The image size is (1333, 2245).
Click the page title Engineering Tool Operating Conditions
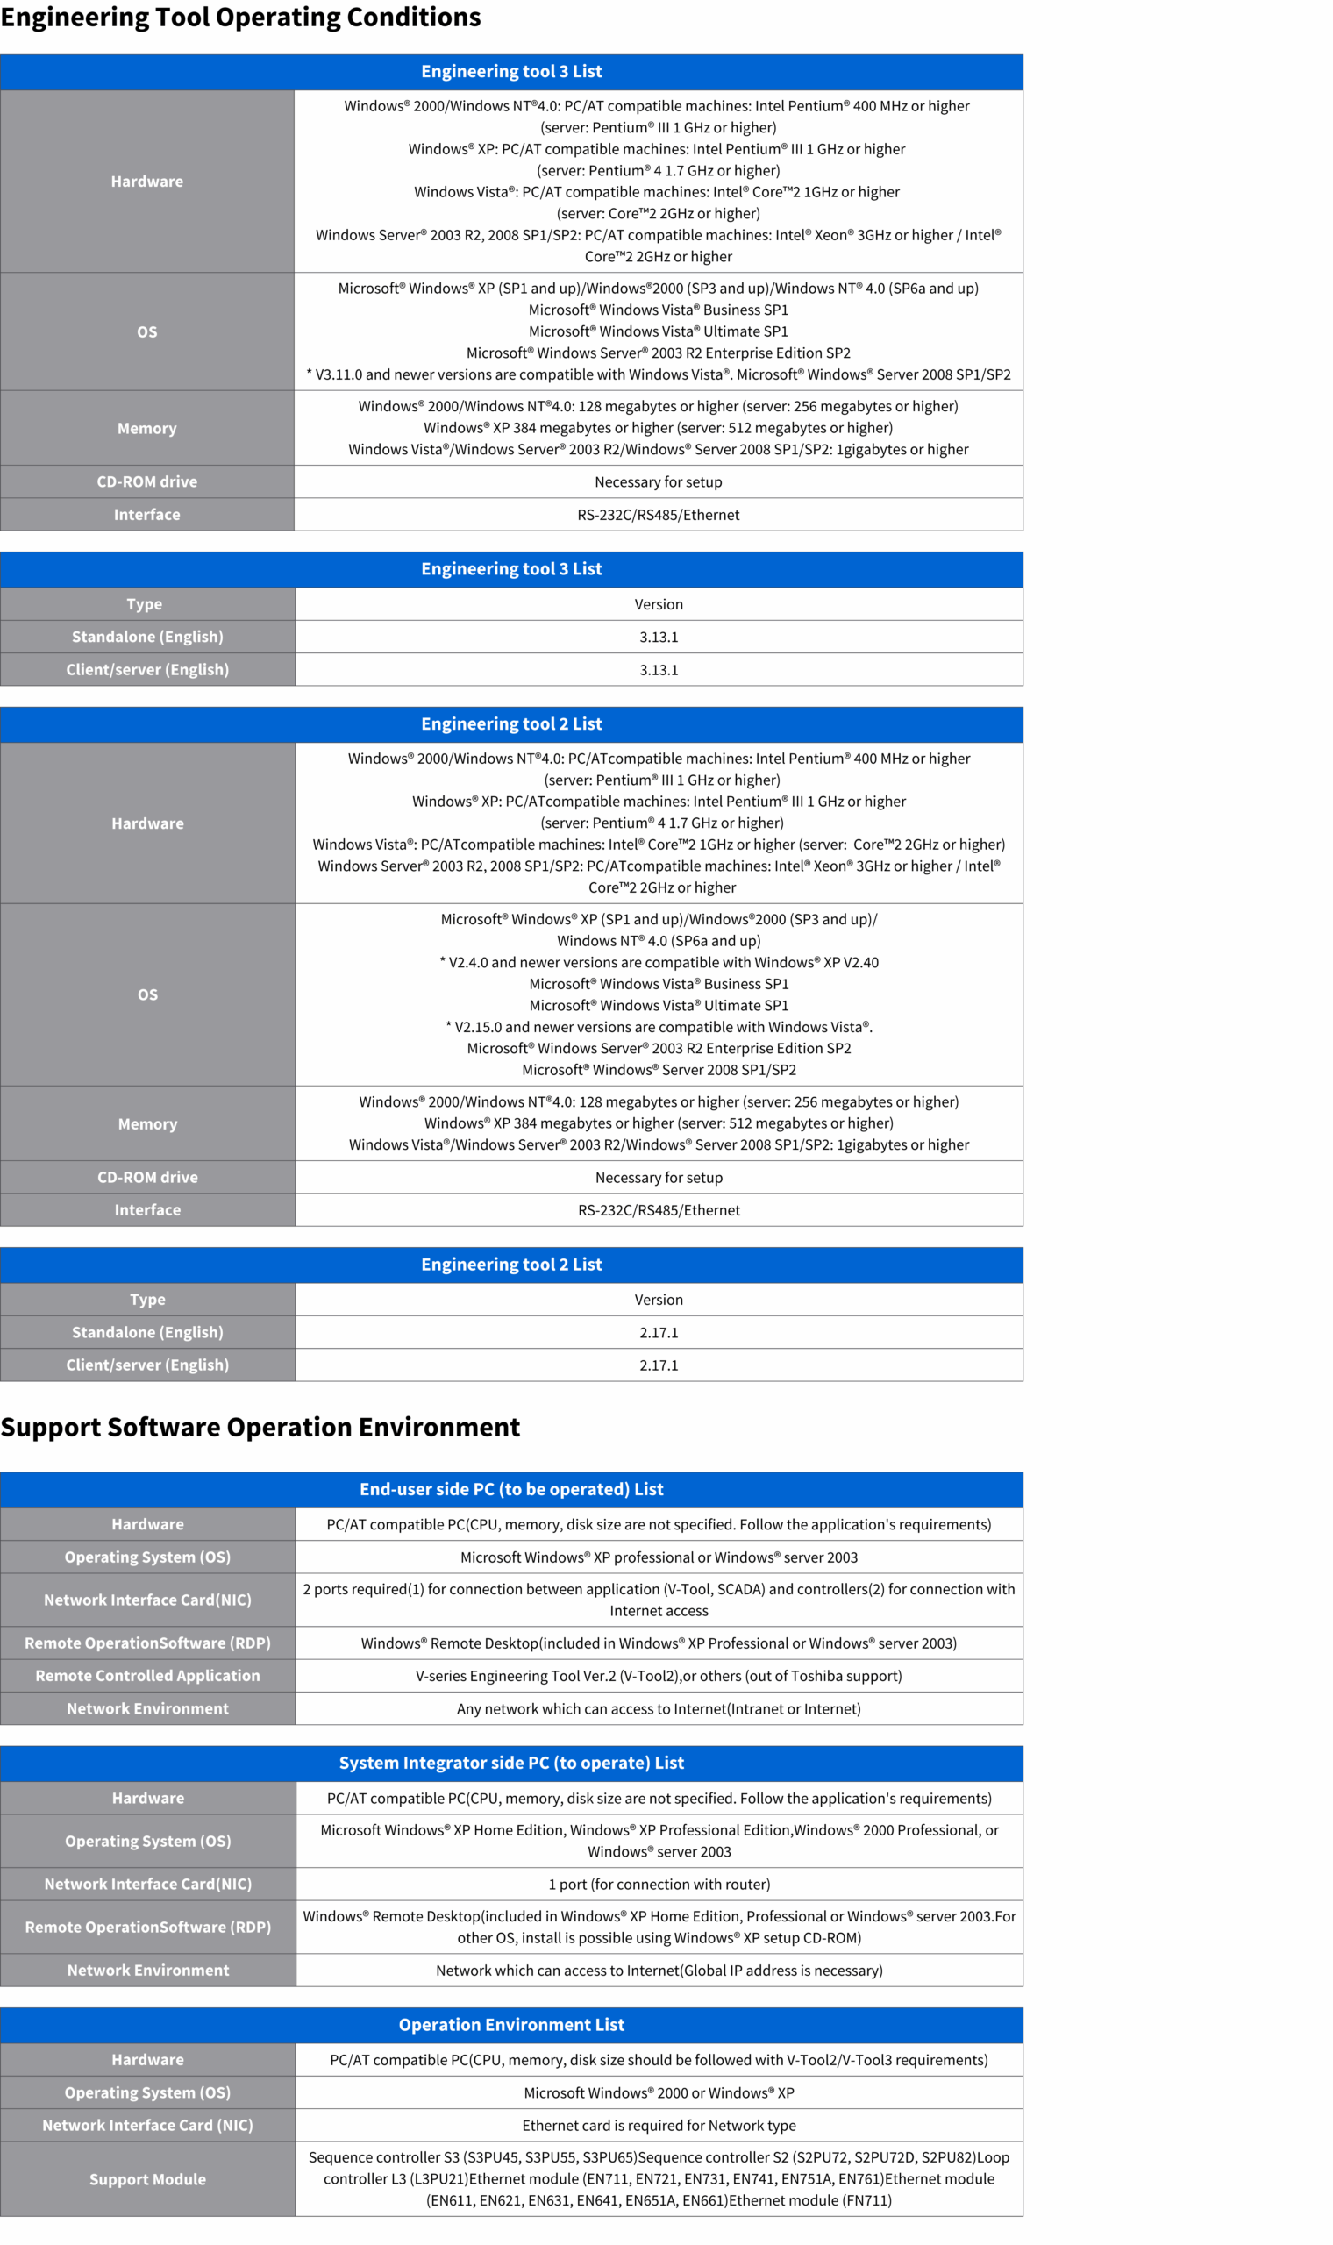click(x=241, y=18)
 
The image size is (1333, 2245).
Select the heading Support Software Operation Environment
click(x=260, y=1427)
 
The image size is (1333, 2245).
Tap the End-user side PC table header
click(x=511, y=1489)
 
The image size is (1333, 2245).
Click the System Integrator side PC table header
click(x=511, y=1763)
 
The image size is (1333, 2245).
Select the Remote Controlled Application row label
click(x=147, y=1676)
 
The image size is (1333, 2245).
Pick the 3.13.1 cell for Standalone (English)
click(x=659, y=637)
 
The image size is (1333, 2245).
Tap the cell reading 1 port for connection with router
click(x=659, y=1884)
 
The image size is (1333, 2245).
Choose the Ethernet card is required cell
click(x=659, y=2126)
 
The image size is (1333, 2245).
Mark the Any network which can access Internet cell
click(x=659, y=1709)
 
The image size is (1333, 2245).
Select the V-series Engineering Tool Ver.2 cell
click(x=659, y=1676)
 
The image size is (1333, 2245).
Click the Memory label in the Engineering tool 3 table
click(x=147, y=428)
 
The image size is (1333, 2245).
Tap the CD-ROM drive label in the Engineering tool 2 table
click(x=147, y=1177)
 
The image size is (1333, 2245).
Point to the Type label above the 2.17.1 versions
click(x=147, y=1300)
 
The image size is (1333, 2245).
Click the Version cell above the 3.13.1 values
click(x=659, y=604)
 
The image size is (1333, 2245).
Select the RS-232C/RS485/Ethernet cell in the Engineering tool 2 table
click(x=659, y=1210)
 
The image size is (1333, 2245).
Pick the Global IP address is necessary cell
click(x=659, y=1971)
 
